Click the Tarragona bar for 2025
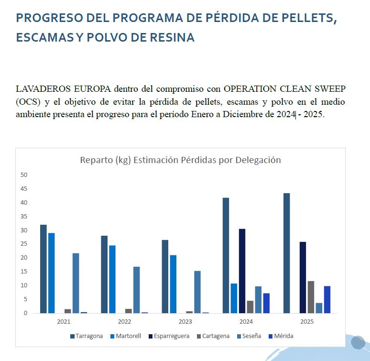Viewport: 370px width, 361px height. [286, 253]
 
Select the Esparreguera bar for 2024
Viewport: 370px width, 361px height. [242, 271]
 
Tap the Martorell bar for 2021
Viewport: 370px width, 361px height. [52, 273]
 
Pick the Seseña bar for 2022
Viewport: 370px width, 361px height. [136, 290]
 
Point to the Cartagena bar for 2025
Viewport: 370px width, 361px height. [311, 297]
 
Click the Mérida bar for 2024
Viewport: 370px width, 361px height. [266, 303]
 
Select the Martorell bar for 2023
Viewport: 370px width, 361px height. [173, 284]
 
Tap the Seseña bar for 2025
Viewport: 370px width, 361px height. [319, 308]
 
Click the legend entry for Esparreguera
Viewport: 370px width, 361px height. [169, 336]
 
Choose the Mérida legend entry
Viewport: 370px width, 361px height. [281, 336]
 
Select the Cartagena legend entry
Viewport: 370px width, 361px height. [213, 336]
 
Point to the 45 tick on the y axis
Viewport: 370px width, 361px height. [24, 189]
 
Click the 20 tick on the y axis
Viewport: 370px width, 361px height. [24, 258]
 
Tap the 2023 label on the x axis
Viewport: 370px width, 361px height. [185, 322]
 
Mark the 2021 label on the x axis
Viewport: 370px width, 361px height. [64, 322]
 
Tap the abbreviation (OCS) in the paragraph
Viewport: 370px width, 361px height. [28, 102]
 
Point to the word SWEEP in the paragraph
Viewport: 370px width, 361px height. [330, 89]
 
